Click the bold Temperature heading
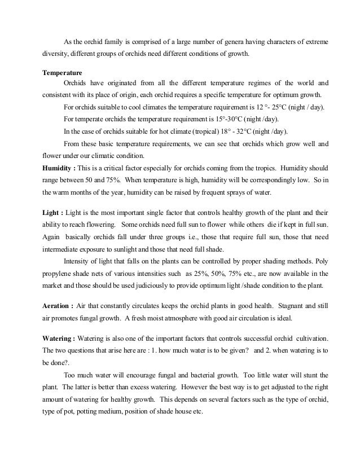[x=63, y=73]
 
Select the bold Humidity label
[x=58, y=168]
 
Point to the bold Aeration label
[x=57, y=305]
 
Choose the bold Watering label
[x=58, y=340]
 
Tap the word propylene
[x=59, y=273]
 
